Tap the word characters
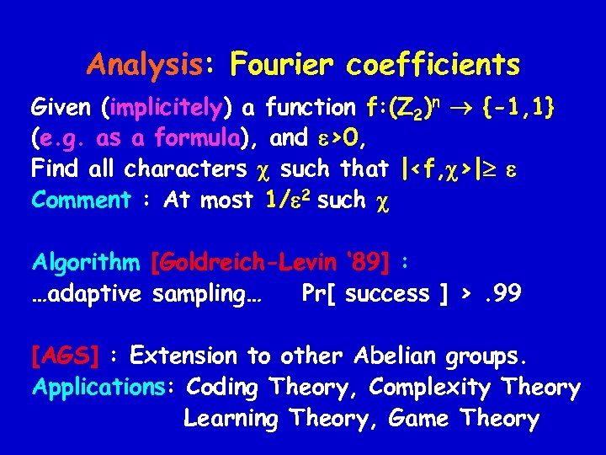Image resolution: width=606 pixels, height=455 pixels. pyautogui.click(x=185, y=169)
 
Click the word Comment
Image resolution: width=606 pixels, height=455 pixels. pyautogui.click(x=81, y=200)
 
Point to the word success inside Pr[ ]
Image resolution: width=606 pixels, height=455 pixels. pyautogui.click(x=387, y=294)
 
